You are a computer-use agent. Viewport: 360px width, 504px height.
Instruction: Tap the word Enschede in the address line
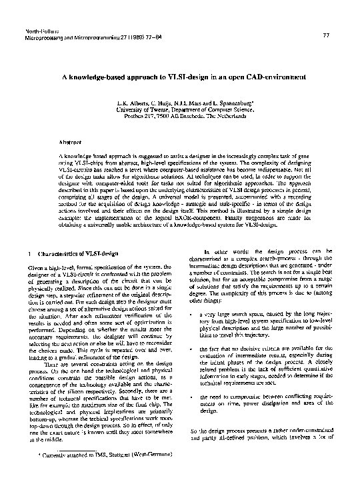[211, 116]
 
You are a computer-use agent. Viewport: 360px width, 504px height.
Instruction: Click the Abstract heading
[70, 143]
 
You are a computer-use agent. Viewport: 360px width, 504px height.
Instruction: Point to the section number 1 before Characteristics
[23, 253]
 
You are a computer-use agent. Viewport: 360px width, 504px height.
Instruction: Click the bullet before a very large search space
[191, 313]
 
